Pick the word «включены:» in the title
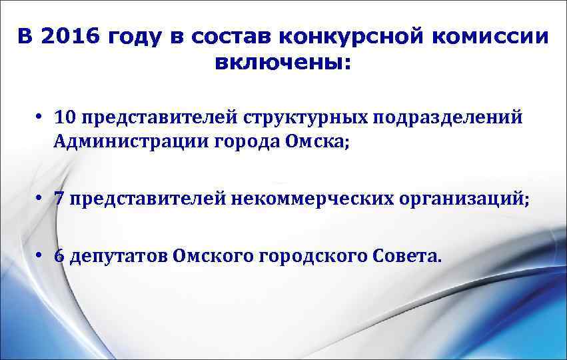[283, 65]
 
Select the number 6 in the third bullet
[60, 257]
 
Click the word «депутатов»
[118, 257]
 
